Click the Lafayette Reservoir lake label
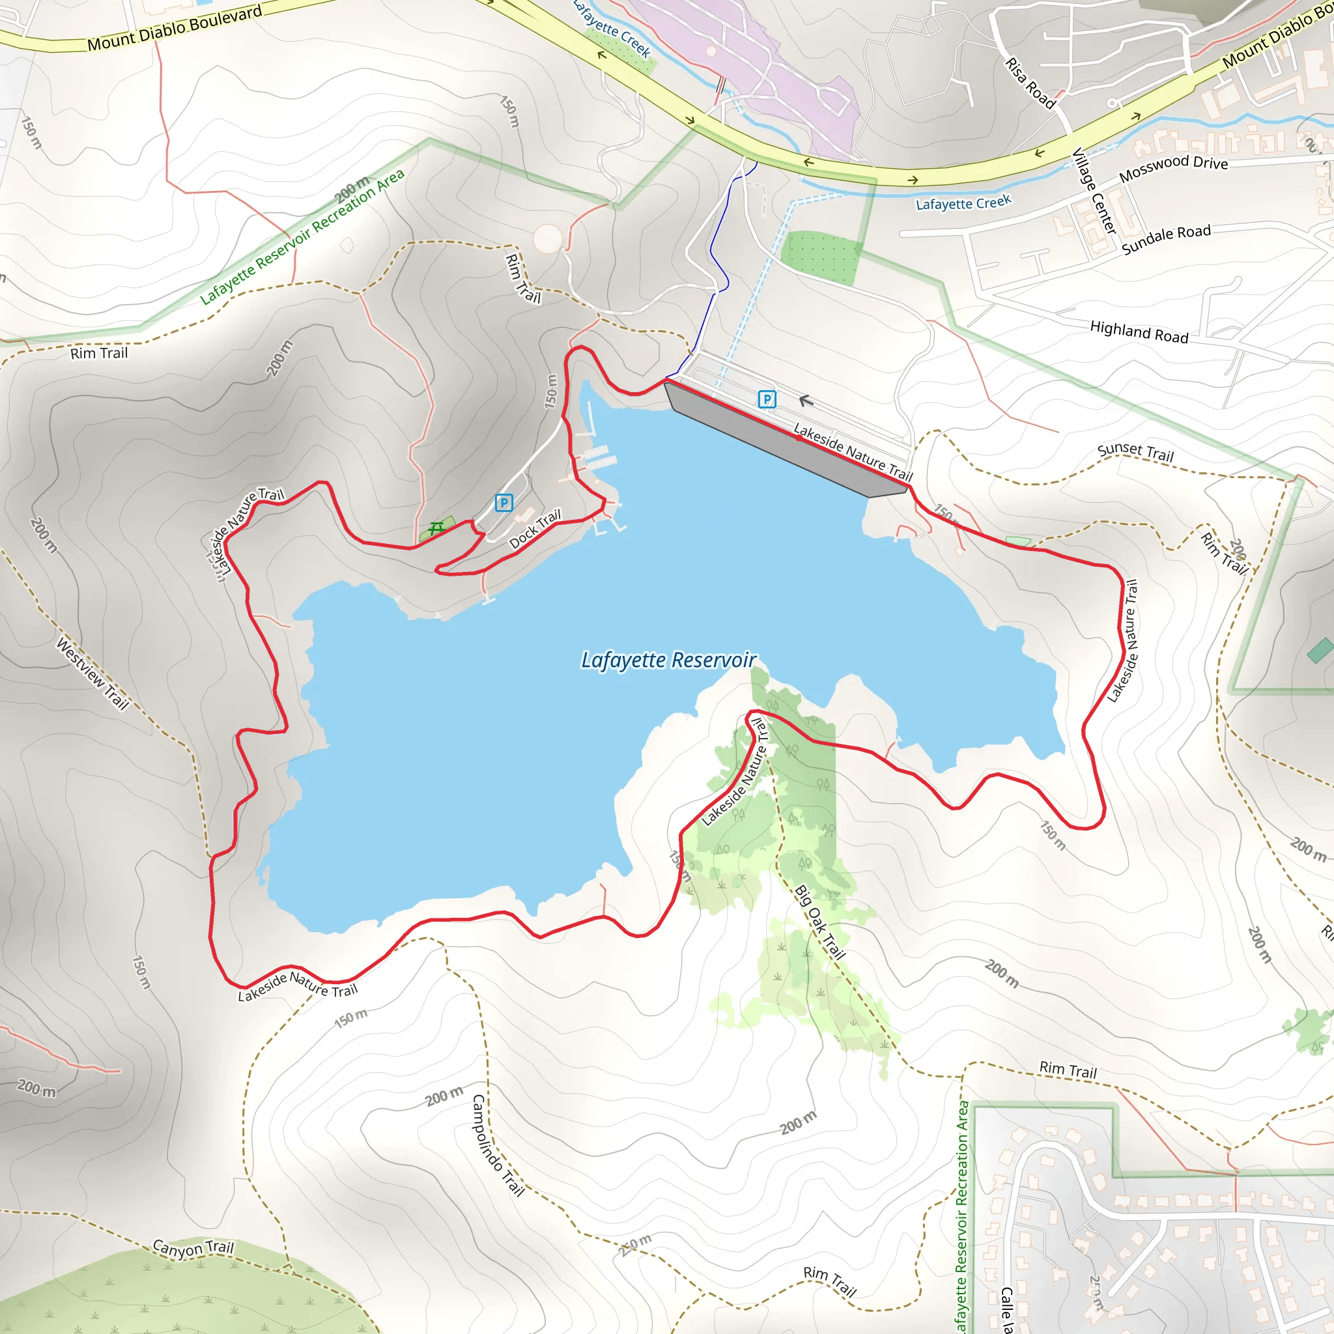pos(668,660)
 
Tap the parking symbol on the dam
pos(767,399)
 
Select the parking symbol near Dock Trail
pos(504,503)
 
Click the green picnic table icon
pos(436,529)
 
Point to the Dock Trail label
pos(535,529)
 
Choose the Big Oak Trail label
pos(819,922)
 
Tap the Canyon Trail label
pos(193,1249)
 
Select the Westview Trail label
pos(92,674)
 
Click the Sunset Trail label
pos(1135,451)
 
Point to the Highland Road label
pos(1139,332)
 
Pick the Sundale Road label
pos(1165,239)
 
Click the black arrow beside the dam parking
pos(806,401)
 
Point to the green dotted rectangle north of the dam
pos(821,257)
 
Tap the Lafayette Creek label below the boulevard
pos(963,203)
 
